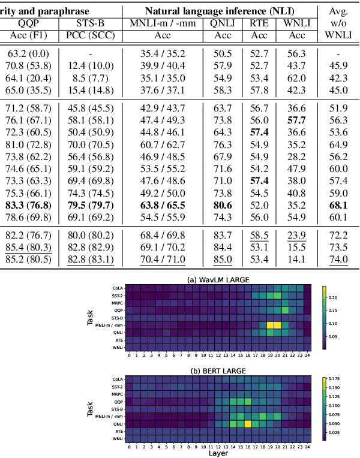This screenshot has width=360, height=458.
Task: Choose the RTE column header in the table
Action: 259,23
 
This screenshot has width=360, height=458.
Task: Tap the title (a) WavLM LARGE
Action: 218,279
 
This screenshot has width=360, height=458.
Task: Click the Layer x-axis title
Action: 218,453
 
